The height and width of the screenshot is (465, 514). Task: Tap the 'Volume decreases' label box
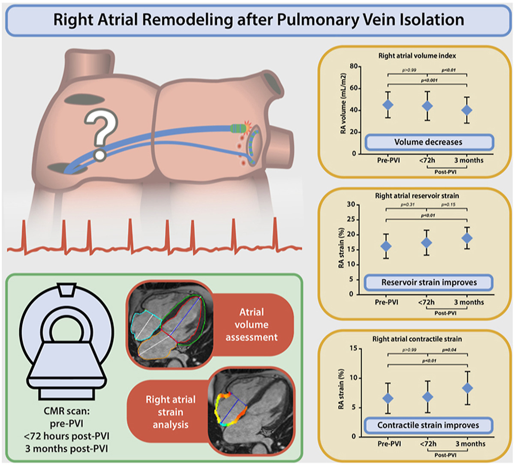(x=429, y=142)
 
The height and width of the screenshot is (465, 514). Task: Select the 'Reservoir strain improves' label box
(x=429, y=282)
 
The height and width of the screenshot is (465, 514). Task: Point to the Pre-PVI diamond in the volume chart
(x=388, y=105)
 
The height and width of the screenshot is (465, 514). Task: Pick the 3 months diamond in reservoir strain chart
(x=467, y=238)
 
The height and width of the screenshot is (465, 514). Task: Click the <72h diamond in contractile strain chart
(x=427, y=397)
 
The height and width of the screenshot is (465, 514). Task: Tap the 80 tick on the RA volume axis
(x=354, y=66)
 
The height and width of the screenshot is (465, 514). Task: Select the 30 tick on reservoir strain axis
(x=351, y=204)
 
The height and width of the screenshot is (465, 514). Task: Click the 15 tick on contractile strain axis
(x=353, y=348)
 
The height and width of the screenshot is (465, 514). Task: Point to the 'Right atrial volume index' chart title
(x=417, y=56)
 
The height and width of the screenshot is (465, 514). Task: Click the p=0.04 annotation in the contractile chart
(x=449, y=350)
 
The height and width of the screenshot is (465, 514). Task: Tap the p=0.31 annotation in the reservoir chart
(x=408, y=205)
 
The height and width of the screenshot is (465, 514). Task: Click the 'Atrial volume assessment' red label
(x=251, y=324)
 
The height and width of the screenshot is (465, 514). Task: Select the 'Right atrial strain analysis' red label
(x=171, y=412)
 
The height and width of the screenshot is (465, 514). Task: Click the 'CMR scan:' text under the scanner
(x=66, y=411)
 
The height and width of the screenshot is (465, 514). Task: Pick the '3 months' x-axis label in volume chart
(x=469, y=160)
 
